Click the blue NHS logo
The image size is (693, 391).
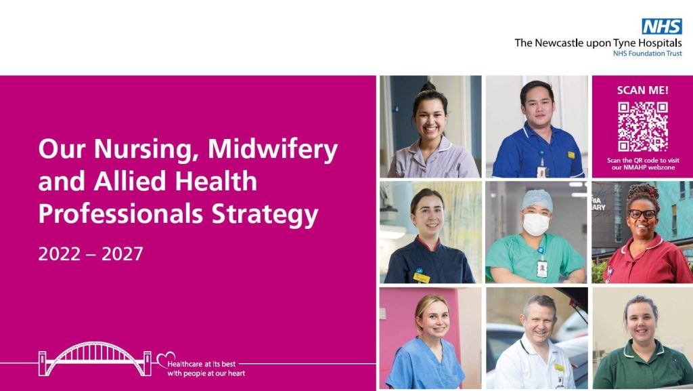tap(661, 26)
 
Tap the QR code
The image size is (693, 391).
tap(642, 127)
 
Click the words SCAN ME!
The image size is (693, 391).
tap(642, 90)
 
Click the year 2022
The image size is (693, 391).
tap(60, 254)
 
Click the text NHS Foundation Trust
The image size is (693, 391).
tap(647, 53)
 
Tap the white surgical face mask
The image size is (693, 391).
tap(536, 224)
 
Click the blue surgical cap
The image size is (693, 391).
tap(537, 200)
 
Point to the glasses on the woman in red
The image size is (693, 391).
tap(642, 214)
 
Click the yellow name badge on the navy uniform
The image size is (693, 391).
tap(422, 277)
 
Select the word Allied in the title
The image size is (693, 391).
tap(123, 182)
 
